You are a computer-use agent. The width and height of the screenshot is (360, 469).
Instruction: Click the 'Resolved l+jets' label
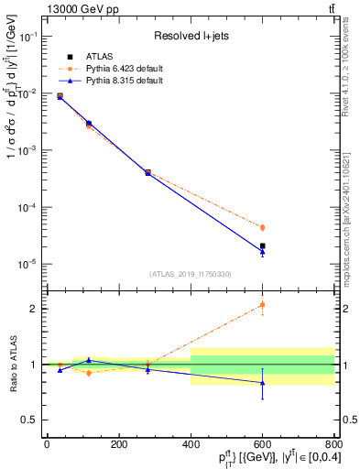coord(191,36)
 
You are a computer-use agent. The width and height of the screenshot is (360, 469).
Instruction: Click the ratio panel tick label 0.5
coord(30,420)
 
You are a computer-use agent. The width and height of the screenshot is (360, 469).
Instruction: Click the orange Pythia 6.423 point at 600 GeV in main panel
coord(262,227)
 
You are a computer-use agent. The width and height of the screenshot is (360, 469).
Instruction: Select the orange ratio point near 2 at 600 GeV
coord(262,305)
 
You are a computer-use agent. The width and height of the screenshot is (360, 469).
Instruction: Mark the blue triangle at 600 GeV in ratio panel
coord(262,383)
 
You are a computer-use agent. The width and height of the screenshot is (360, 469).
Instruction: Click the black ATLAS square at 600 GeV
coord(262,245)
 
